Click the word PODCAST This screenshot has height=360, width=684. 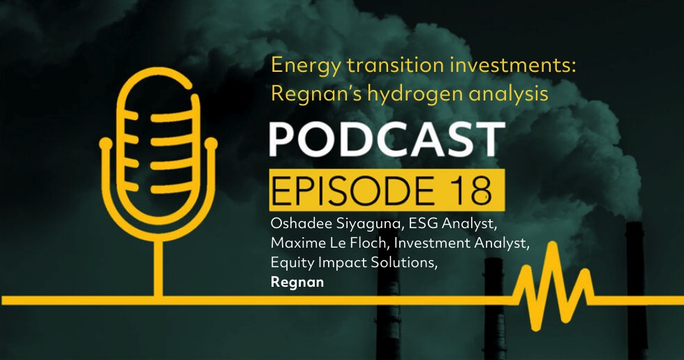pyautogui.click(x=387, y=140)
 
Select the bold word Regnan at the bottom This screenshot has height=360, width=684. pyautogui.click(x=297, y=283)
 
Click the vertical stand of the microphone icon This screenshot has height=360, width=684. pyautogui.click(x=158, y=268)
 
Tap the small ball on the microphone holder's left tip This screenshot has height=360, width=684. pyautogui.click(x=105, y=143)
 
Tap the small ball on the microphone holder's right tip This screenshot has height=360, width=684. pyautogui.click(x=211, y=143)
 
